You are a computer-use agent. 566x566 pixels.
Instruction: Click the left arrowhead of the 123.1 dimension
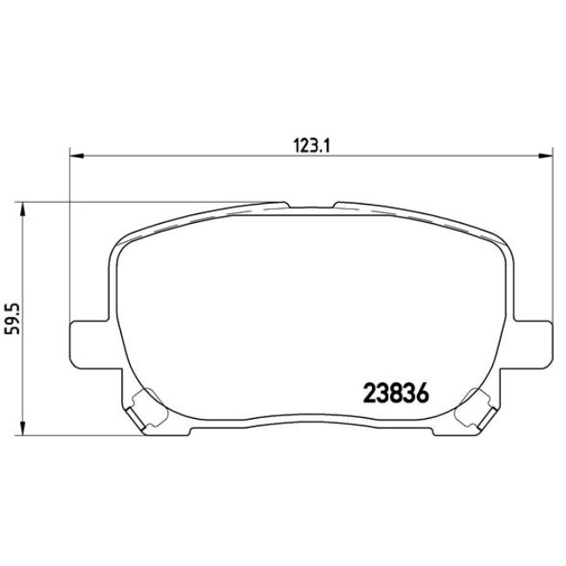(x=74, y=157)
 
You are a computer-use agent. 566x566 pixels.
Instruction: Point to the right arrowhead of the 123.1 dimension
(x=546, y=157)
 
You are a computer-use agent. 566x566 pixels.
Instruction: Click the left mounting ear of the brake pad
(x=85, y=339)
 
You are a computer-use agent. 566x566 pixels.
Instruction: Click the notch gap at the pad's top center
(x=311, y=206)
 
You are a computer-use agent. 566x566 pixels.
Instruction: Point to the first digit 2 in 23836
(x=367, y=394)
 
